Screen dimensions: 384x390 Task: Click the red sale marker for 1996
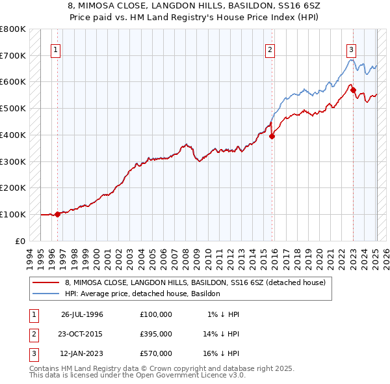57,213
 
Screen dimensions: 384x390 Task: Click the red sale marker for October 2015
272,136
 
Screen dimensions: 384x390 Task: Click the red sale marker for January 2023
353,90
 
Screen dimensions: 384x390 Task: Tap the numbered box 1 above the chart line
56,49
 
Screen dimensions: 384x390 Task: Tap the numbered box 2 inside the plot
270,49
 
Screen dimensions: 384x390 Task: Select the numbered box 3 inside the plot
351,49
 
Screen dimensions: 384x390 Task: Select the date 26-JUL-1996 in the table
82,314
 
